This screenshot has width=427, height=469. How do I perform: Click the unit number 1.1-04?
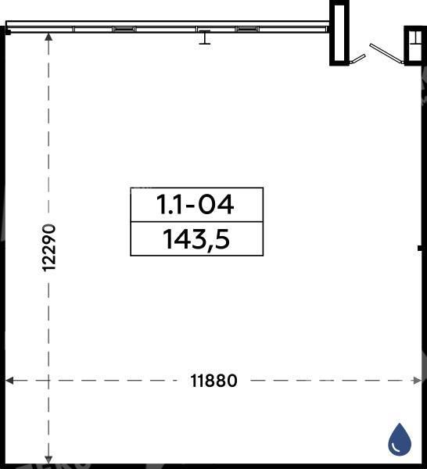195,205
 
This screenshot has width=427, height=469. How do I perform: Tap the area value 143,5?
196,239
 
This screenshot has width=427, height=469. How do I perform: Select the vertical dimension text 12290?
49,248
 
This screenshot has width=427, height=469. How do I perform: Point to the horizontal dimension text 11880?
213,381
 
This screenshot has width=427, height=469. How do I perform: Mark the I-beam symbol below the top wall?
205,38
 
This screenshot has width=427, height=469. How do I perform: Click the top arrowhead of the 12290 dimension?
48,37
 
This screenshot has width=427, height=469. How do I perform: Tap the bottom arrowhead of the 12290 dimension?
48,460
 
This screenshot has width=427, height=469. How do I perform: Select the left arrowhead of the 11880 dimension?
9,381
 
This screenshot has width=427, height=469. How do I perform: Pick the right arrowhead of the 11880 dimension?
417,381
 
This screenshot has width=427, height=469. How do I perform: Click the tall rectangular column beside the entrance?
339,33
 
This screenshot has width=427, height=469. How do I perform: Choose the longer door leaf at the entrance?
386,54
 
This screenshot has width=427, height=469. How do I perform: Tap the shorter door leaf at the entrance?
357,59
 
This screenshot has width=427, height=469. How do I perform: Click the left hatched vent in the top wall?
124,29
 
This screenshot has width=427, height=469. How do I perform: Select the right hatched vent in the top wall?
247,29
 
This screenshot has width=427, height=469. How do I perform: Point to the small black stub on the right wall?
420,249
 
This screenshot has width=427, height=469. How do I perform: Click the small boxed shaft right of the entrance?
415,45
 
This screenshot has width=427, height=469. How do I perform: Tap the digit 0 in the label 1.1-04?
206,205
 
